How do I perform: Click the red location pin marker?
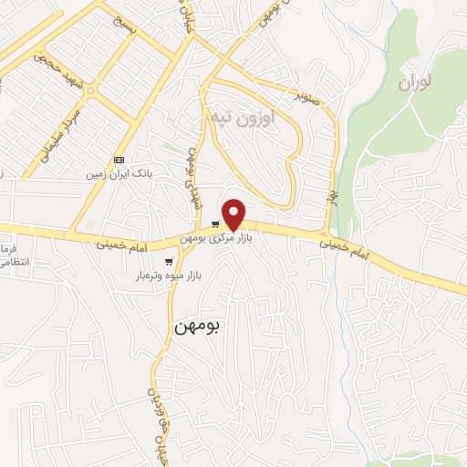click(x=234, y=214)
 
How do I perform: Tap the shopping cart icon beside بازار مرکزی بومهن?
click(x=215, y=224)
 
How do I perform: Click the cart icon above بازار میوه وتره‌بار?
click(x=169, y=262)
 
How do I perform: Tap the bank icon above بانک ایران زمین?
click(x=119, y=160)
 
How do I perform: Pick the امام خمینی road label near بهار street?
click(x=345, y=244)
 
